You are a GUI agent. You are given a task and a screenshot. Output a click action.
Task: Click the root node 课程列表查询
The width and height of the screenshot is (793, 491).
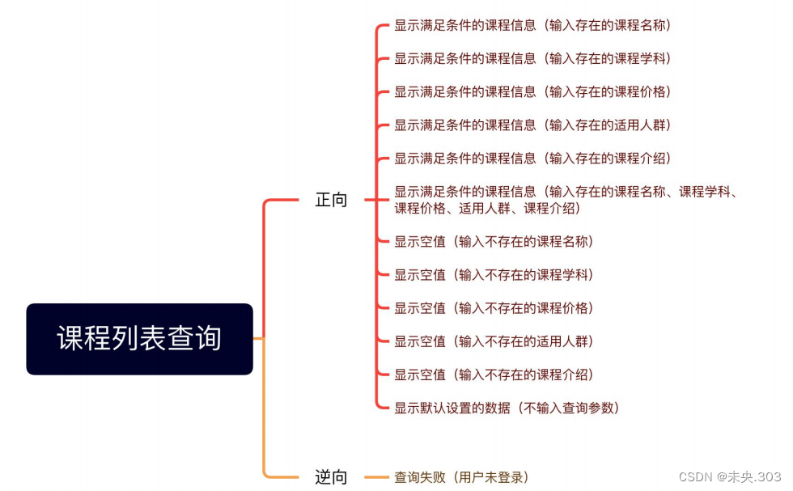(x=139, y=339)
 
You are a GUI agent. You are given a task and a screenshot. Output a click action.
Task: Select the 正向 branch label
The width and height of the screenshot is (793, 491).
(x=331, y=200)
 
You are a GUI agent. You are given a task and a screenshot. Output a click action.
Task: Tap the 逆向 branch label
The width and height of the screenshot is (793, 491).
(x=331, y=477)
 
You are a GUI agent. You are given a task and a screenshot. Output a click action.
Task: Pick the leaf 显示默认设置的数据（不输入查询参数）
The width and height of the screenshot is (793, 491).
(x=507, y=408)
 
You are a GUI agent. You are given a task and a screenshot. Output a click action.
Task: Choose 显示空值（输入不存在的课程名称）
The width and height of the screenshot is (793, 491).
(x=494, y=241)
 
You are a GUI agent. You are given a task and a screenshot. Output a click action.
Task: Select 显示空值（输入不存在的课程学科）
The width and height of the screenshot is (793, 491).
(x=494, y=275)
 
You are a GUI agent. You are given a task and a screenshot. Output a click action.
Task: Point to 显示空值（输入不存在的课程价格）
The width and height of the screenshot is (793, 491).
(x=494, y=308)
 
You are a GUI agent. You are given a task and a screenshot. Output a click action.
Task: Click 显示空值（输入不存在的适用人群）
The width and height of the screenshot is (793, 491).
(x=494, y=341)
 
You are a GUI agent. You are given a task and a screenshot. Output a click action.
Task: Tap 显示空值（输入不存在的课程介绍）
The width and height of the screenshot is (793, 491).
(x=494, y=375)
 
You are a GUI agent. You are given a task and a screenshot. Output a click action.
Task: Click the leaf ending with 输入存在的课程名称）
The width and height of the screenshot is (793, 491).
(x=532, y=25)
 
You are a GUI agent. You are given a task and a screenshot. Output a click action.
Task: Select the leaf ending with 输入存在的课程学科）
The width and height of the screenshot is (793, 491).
(x=532, y=58)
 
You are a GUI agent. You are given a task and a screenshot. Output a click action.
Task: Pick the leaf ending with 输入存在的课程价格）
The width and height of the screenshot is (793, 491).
(x=532, y=91)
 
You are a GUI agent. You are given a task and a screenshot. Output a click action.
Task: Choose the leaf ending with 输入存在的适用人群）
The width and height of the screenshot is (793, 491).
(x=532, y=125)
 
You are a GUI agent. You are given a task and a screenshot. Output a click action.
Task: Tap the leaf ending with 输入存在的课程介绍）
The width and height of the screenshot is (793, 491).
(x=532, y=158)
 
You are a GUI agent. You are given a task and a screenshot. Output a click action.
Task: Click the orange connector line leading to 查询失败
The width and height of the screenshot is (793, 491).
(x=377, y=477)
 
